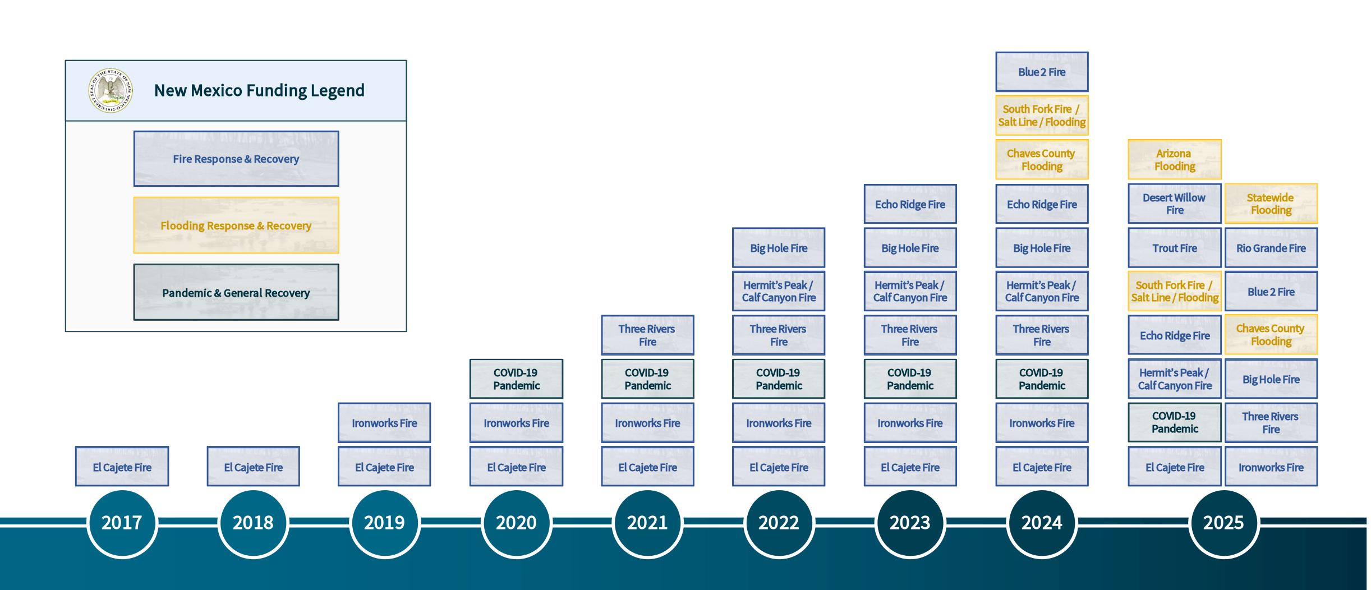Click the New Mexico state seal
point(111,90)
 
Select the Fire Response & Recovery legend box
point(236,159)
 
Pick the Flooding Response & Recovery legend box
point(236,225)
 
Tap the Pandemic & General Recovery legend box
point(236,292)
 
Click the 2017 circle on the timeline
point(122,523)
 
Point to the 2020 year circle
point(516,523)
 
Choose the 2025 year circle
point(1223,523)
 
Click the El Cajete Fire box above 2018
point(253,467)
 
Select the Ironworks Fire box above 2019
point(384,423)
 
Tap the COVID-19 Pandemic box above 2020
point(516,379)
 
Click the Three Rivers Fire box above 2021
point(647,335)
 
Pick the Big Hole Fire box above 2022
point(779,248)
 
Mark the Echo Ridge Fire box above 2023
point(910,204)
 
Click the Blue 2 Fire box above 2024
point(1042,72)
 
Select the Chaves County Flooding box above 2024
point(1042,160)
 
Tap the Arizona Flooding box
point(1175,160)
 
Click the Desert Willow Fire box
point(1175,204)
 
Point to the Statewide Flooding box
point(1271,204)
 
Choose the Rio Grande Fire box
point(1271,248)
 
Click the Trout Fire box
point(1175,248)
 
